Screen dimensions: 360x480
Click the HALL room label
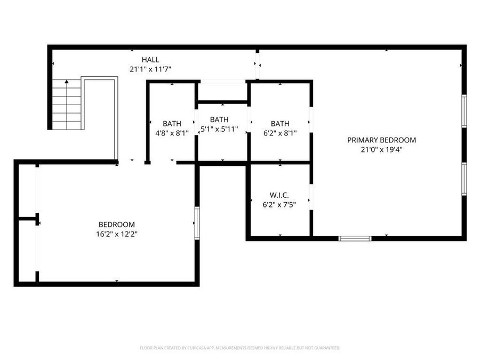coord(150,60)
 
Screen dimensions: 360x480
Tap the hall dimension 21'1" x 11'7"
coord(150,69)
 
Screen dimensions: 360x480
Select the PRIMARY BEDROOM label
coord(381,140)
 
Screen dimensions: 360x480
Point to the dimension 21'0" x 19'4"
coord(381,150)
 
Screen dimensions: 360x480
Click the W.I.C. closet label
coord(279,195)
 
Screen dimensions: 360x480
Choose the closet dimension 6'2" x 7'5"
coord(279,204)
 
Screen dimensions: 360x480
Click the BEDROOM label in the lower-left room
coord(116,225)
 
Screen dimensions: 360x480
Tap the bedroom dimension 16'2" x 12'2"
coord(116,234)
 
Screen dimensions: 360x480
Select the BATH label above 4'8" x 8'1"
coord(172,123)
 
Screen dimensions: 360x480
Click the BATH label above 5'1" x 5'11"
coord(219,119)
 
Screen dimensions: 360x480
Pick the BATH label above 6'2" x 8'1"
coord(280,123)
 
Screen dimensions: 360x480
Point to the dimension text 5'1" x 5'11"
coord(219,129)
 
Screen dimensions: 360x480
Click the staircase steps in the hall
coord(67,107)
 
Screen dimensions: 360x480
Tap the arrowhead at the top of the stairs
coord(67,82)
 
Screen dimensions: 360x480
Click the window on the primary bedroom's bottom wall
coord(355,238)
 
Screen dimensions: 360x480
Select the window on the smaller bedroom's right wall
coord(197,223)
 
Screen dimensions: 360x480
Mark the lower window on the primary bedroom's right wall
coord(464,179)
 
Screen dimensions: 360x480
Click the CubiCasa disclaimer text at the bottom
coord(240,348)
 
